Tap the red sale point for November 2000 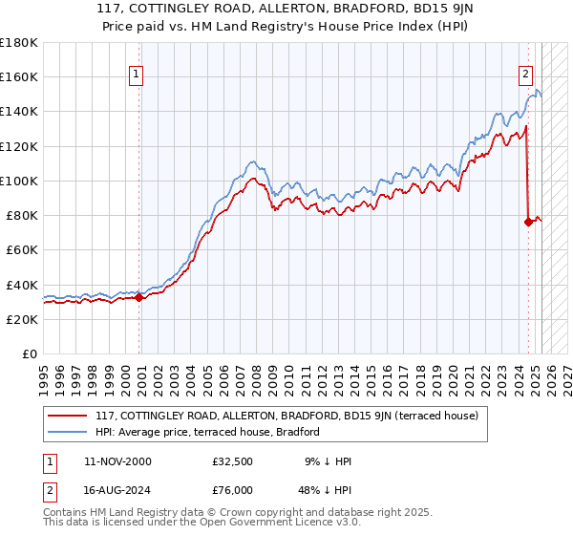coord(139,297)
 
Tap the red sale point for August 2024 coord(528,222)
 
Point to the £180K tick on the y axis coord(19,43)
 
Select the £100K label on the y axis coord(19,181)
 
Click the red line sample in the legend coord(68,416)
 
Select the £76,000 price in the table coord(233,489)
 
